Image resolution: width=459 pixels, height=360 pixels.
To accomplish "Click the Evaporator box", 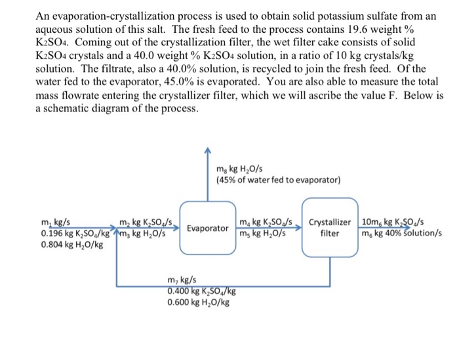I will pos(207,229).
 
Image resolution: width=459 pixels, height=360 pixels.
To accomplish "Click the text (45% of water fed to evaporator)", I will pos(278,180).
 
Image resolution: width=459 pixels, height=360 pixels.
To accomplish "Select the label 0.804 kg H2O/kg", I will pos(71,244).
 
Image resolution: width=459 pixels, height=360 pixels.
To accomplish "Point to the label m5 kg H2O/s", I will pos(262,233).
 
